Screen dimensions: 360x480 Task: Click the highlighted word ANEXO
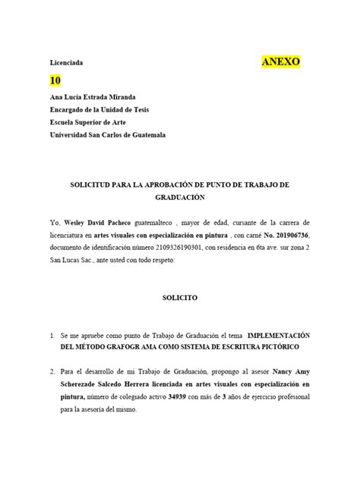pos(281,62)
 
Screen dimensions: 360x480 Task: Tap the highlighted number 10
pos(55,81)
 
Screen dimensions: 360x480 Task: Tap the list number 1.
pos(52,334)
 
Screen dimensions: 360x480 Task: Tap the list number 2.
pos(52,373)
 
